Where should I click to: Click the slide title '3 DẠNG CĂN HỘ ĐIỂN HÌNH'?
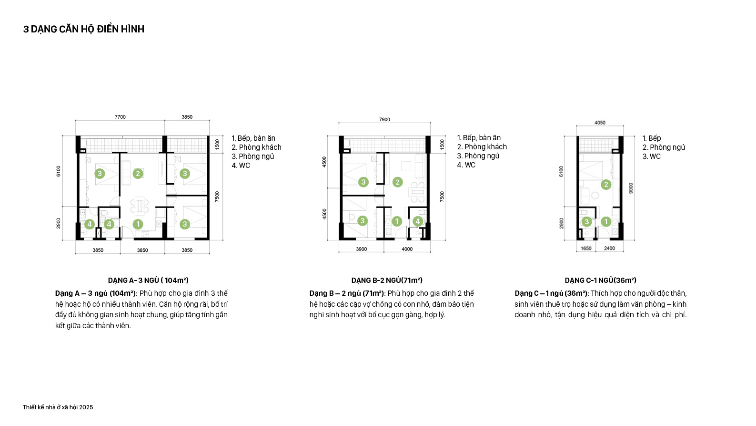tap(84, 29)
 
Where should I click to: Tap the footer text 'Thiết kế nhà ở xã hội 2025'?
tap(58, 407)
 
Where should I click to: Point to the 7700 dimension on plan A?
tap(120, 117)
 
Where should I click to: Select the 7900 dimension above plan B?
tap(384, 119)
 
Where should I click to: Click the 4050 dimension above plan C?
tap(600, 123)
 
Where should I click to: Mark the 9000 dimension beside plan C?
tap(631, 188)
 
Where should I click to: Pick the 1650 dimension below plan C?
tap(586, 248)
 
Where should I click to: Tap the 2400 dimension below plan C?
tap(609, 248)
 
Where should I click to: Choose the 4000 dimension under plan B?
tap(407, 249)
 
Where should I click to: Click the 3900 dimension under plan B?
tap(361, 249)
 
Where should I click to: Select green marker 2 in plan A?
tap(138, 174)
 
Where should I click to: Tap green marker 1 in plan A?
tap(138, 224)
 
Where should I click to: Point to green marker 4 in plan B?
tap(417, 221)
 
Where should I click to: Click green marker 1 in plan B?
tap(396, 221)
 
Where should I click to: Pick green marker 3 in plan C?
tap(586, 222)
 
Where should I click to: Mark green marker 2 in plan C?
tap(606, 185)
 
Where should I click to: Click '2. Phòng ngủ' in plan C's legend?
tap(664, 147)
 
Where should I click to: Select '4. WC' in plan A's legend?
tap(241, 166)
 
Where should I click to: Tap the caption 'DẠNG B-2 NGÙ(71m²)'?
tap(387, 281)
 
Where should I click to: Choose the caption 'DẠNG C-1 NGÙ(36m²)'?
tap(600, 281)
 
